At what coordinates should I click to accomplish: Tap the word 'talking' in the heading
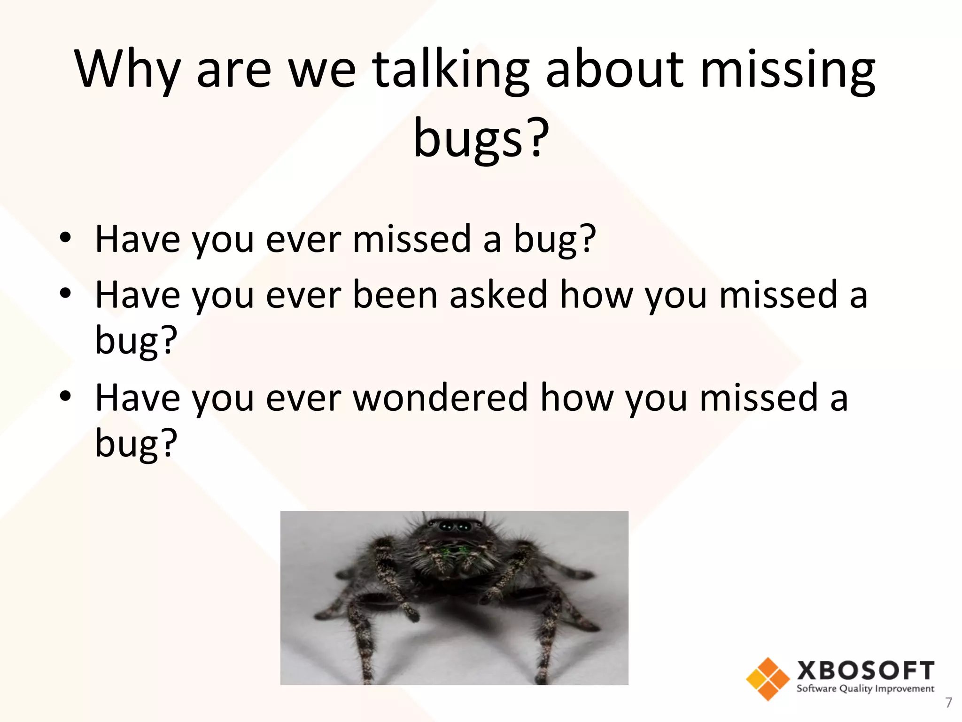click(451, 70)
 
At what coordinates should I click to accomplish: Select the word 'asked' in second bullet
click(498, 295)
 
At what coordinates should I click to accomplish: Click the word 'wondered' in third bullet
click(440, 398)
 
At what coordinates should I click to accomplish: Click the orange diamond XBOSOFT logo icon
click(768, 679)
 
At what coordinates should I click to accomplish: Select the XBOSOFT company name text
click(865, 670)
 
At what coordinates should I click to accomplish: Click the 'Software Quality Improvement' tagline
click(865, 689)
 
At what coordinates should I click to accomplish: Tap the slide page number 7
click(948, 703)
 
